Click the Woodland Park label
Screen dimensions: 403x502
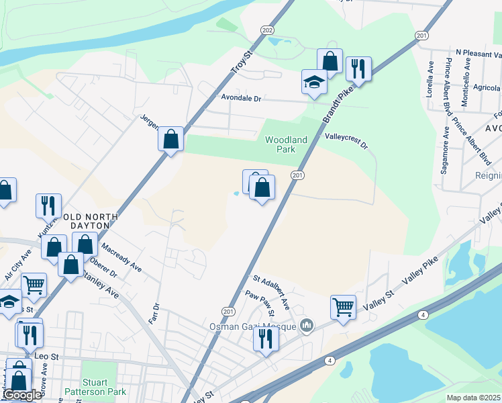(x=286, y=144)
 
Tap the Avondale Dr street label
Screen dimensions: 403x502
(x=240, y=98)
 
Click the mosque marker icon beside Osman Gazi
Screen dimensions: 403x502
(x=307, y=326)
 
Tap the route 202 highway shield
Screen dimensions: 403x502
(x=267, y=30)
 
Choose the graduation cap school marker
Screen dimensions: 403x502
(x=313, y=82)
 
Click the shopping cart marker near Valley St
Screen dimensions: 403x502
(x=343, y=307)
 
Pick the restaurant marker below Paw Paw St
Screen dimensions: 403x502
(x=265, y=339)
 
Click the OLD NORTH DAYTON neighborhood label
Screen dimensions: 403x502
(x=88, y=222)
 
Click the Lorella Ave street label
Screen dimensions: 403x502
(x=430, y=79)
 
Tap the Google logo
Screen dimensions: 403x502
(x=23, y=395)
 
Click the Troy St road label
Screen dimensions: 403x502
(x=239, y=62)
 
